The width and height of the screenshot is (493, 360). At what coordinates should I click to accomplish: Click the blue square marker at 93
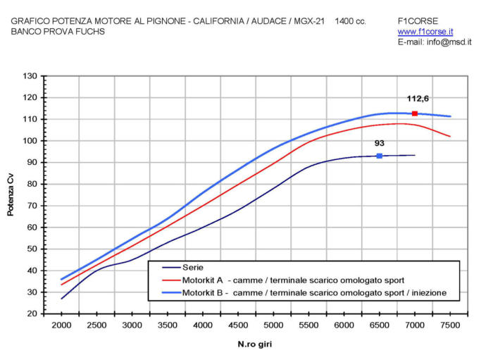tap(380, 156)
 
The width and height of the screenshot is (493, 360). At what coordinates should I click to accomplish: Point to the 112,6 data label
tap(418, 99)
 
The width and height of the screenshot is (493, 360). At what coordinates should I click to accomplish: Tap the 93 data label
tap(380, 143)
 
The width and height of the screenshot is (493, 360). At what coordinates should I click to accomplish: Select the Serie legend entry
tap(194, 268)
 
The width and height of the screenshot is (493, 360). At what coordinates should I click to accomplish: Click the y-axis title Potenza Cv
tap(11, 195)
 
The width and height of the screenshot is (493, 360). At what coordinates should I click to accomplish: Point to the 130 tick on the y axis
tap(30, 76)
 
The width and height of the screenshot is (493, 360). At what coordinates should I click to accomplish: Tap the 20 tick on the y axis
tap(32, 314)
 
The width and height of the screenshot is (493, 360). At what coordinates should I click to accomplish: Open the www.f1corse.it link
tap(425, 32)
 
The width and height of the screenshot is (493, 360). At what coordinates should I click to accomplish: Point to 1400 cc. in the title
tap(351, 21)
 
